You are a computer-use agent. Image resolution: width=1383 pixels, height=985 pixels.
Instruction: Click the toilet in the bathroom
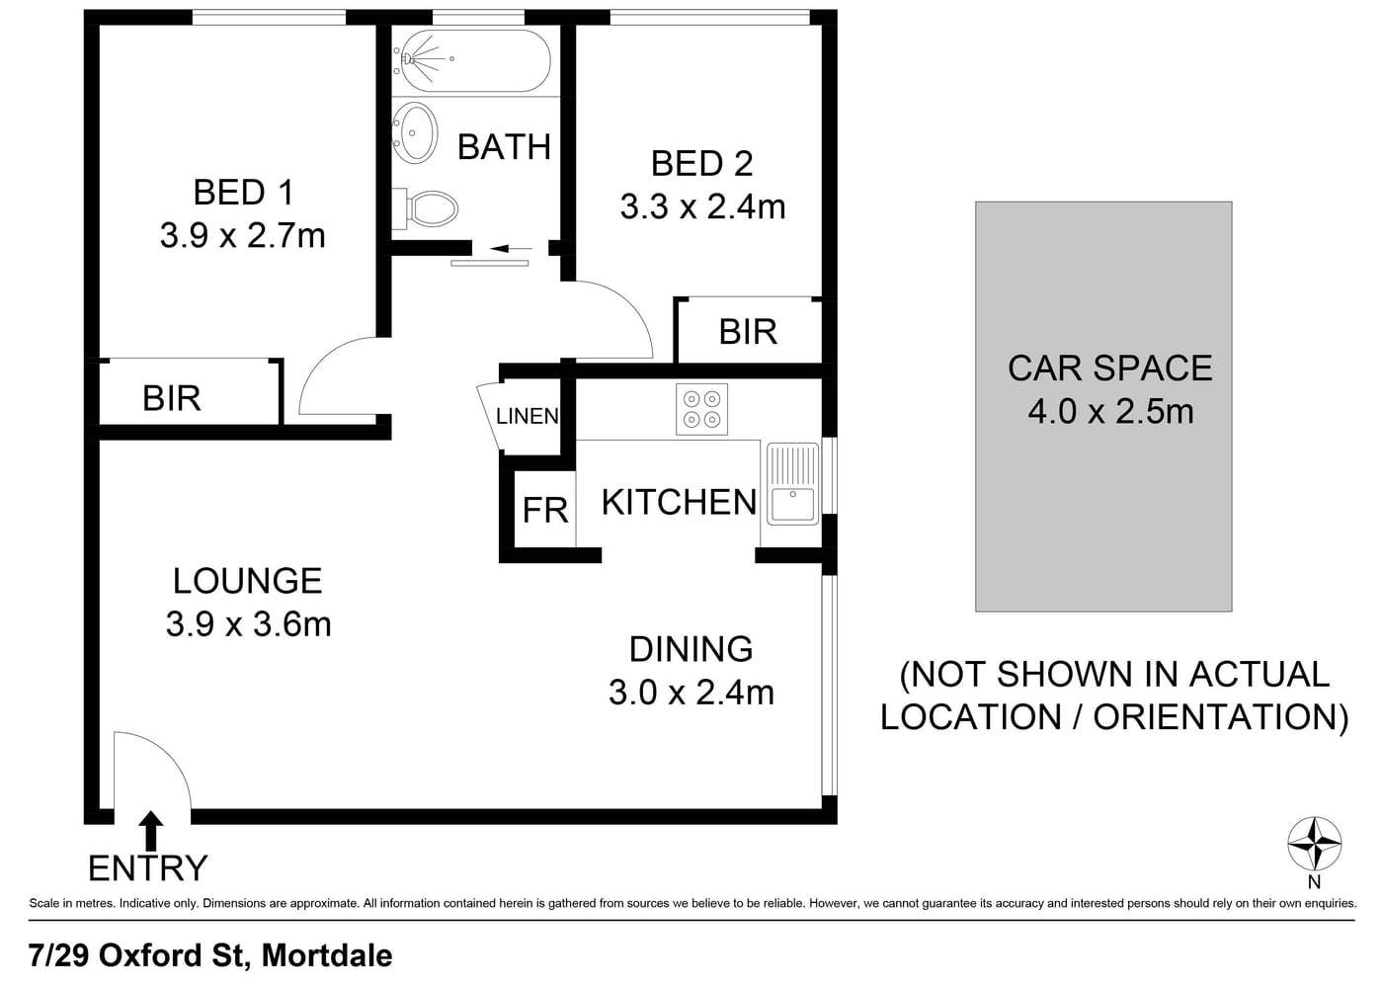point(426,208)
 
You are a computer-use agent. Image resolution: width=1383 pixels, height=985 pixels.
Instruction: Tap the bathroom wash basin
point(415,132)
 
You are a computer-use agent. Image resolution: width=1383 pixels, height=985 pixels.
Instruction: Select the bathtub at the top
point(471,60)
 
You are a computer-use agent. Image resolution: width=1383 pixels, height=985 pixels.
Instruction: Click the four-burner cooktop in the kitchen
point(701,409)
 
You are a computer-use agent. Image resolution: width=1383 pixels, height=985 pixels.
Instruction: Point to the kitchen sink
point(792,483)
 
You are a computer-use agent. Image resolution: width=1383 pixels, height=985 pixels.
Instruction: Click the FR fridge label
point(545,510)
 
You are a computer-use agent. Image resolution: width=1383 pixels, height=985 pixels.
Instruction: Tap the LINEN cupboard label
point(528,416)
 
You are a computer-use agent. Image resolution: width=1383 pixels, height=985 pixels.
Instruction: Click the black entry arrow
point(150,831)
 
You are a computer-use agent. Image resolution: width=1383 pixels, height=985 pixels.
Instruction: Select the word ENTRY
point(147,868)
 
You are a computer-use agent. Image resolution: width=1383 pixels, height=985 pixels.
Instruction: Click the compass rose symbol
point(1315,844)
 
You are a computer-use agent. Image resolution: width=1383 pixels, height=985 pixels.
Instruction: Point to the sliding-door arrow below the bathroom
point(511,249)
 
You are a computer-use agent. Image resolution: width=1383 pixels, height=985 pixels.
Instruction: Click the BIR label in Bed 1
point(172,398)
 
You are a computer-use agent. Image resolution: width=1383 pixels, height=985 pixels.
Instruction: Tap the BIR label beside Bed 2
point(748,332)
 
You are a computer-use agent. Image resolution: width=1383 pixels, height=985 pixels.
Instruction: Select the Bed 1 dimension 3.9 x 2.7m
point(243,236)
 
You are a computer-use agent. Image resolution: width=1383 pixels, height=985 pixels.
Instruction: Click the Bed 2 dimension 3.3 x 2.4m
point(702,206)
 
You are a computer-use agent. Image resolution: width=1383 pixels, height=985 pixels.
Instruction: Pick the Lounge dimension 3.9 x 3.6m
point(248,624)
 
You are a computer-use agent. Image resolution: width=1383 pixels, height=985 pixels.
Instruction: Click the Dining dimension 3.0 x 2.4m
point(691,693)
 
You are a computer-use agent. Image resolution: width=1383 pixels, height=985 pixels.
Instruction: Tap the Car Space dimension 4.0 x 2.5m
point(1110,411)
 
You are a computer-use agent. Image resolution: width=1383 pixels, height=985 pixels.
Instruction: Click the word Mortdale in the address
point(327,955)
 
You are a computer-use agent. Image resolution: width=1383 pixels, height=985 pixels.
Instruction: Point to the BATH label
point(504,147)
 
